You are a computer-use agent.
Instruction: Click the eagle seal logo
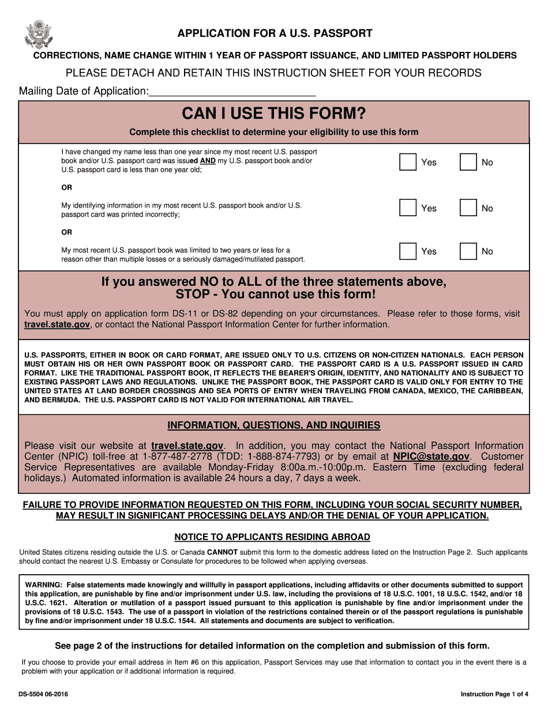click(x=39, y=34)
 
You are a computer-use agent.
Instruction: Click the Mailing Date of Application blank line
click(x=232, y=91)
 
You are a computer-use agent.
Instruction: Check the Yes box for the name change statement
click(x=408, y=163)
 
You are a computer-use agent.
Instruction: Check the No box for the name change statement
click(x=468, y=163)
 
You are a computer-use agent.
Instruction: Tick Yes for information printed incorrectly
click(x=408, y=208)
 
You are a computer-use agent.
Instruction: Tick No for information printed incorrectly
click(x=468, y=208)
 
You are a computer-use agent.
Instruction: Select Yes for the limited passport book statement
click(x=408, y=251)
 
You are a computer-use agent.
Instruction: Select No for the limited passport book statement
click(x=468, y=251)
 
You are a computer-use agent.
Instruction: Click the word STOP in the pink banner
click(x=192, y=295)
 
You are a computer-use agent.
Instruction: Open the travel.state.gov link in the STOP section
click(x=57, y=325)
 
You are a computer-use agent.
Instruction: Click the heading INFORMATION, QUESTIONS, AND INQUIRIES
click(x=274, y=425)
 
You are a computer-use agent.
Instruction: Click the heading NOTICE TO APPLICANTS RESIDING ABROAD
click(x=272, y=537)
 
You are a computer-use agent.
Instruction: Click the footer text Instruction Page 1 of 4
click(x=494, y=694)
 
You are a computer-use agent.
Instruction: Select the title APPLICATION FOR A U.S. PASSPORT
click(x=275, y=33)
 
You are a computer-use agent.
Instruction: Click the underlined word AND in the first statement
click(x=208, y=161)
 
